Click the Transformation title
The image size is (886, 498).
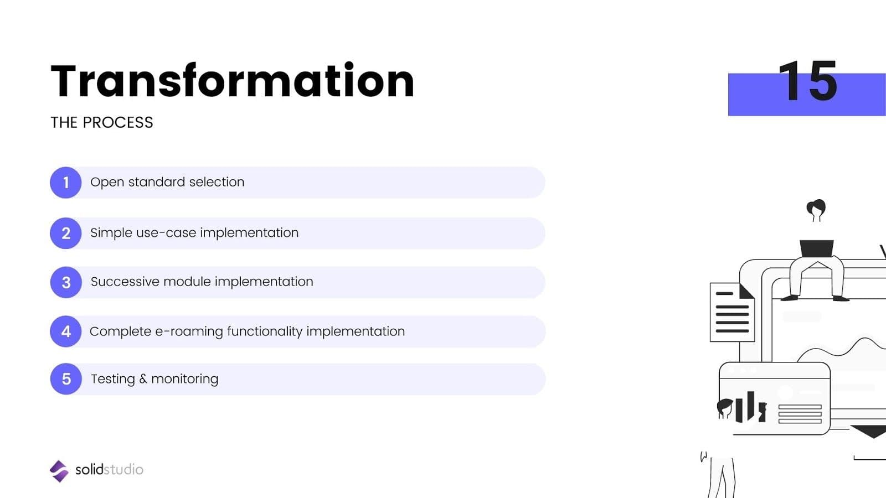tap(233, 81)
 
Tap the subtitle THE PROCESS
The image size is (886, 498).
tap(102, 122)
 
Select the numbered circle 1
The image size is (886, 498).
tap(66, 183)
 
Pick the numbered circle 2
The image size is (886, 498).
tap(66, 233)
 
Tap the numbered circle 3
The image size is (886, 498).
tap(66, 282)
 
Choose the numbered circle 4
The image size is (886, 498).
tap(66, 331)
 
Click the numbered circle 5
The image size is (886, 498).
tap(66, 379)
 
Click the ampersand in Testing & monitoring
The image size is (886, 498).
tap(143, 379)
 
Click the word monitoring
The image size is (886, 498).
tap(185, 379)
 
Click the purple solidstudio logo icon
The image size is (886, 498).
tap(59, 471)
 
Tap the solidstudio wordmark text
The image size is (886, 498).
tap(109, 470)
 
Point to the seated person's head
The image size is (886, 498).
tap(816, 209)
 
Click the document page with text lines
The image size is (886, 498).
tap(732, 313)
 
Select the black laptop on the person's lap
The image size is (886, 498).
tap(816, 248)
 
